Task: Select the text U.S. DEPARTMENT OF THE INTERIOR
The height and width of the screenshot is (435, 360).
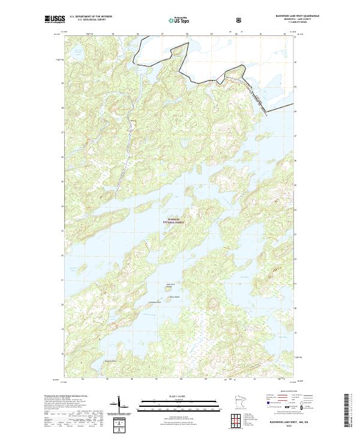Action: point(91,17)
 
